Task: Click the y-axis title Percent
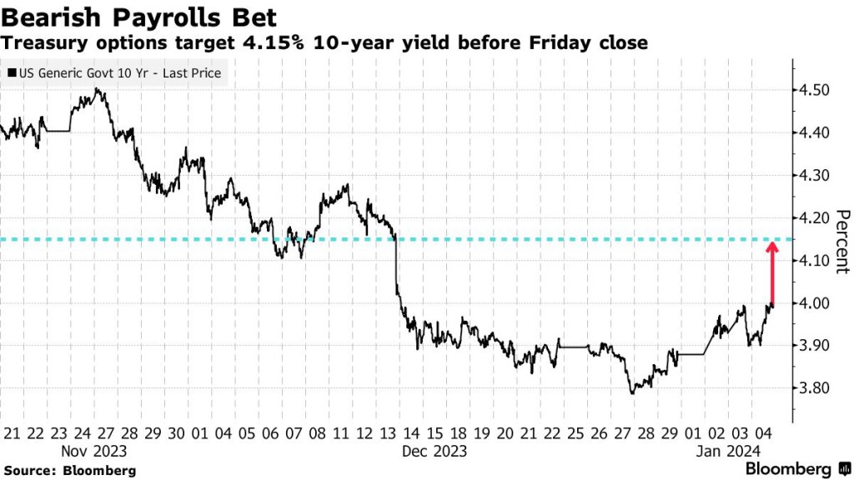pyautogui.click(x=841, y=241)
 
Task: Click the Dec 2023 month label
pyautogui.click(x=435, y=451)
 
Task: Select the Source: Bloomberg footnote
pyautogui.click(x=68, y=470)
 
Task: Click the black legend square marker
pyautogui.click(x=11, y=74)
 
